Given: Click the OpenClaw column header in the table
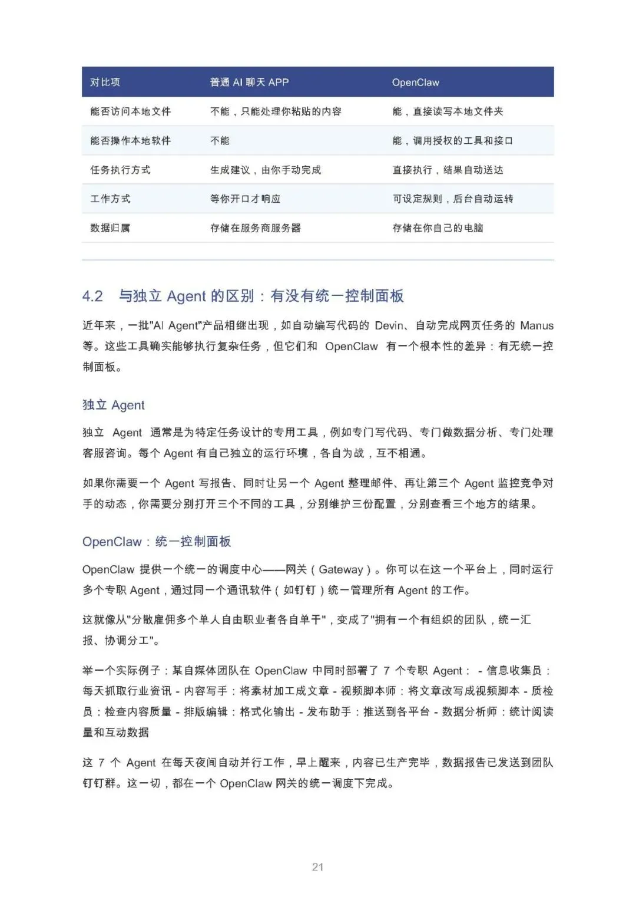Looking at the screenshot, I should [x=416, y=83].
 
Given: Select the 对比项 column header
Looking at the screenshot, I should [x=105, y=83].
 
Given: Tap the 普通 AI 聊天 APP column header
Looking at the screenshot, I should [x=249, y=83].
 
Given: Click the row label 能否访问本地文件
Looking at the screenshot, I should [x=130, y=111].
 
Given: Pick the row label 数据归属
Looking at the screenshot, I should [x=110, y=228].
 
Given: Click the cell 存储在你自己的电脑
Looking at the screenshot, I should [x=438, y=228].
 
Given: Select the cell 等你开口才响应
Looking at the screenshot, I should [x=245, y=199].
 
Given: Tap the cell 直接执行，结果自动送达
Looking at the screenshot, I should [x=448, y=170].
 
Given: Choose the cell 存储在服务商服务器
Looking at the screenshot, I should [x=255, y=228].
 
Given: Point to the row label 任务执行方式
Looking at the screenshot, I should [x=120, y=170].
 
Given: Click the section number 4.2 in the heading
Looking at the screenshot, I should [x=92, y=296].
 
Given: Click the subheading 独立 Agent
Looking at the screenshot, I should [x=113, y=405].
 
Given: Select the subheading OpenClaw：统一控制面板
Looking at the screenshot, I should [x=157, y=542].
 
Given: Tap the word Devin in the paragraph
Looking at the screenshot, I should [x=389, y=325].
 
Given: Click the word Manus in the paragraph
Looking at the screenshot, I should [x=536, y=325].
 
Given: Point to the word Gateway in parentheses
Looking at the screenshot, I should [x=341, y=569].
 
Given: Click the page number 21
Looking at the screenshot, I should [x=318, y=867].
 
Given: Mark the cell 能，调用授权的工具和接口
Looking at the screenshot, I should [x=452, y=141].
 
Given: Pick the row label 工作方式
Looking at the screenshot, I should [x=110, y=199].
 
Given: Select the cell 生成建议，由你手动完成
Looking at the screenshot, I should [x=266, y=170].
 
